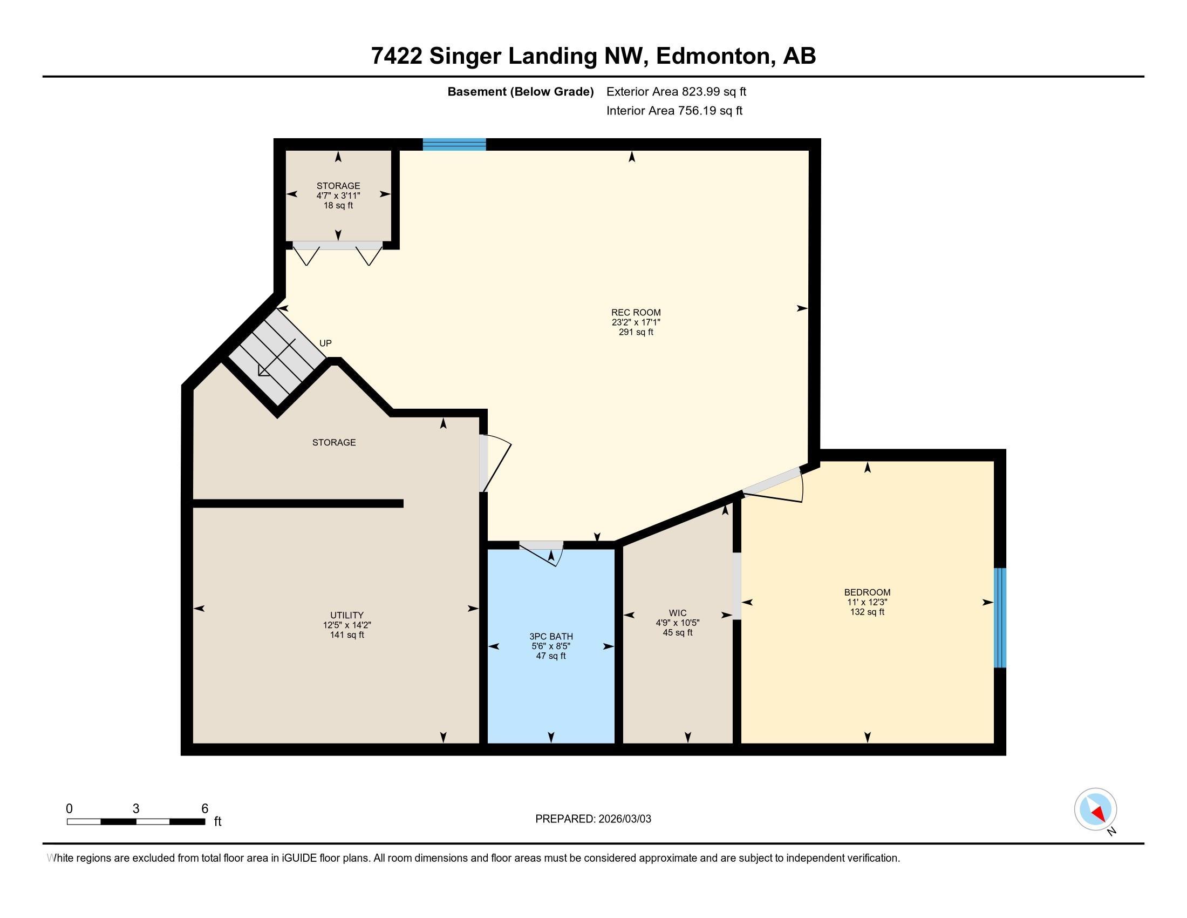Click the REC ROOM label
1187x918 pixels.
click(636, 312)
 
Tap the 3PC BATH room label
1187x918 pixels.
click(551, 636)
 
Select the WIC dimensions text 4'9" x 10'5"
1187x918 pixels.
click(677, 623)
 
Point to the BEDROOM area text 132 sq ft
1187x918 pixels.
click(867, 612)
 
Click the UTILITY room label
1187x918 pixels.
click(347, 616)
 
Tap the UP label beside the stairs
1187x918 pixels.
click(325, 343)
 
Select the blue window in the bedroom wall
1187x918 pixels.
click(999, 617)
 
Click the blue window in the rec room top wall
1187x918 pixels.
click(454, 144)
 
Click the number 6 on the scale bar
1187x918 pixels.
click(204, 809)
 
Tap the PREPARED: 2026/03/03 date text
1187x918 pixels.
click(593, 819)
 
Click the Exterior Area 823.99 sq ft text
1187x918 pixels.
click(676, 91)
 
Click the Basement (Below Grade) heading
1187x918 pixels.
click(520, 91)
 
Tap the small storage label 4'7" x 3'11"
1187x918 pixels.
click(338, 195)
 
